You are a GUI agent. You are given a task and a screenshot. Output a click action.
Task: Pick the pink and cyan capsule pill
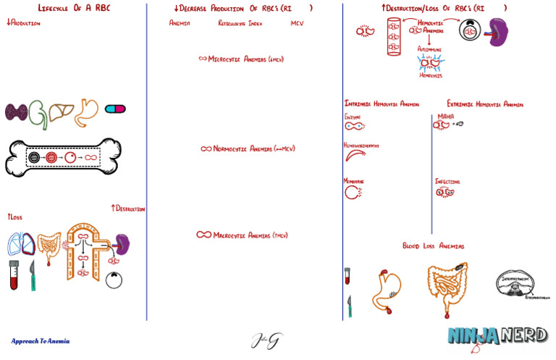[x=115, y=109]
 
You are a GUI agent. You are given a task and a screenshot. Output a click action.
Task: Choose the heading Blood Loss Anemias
[x=433, y=246]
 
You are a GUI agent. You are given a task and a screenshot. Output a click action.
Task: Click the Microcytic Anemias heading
[x=240, y=59]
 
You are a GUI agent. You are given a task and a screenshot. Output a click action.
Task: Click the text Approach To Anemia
[x=41, y=340]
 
